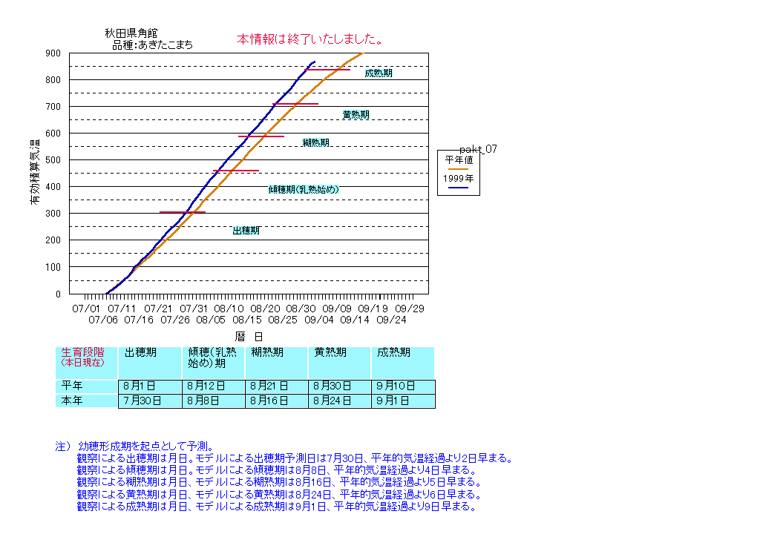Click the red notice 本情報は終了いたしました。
pyautogui.click(x=309, y=39)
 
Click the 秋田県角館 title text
pyautogui.click(x=131, y=33)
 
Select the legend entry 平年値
pyautogui.click(x=458, y=159)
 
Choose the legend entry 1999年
pyautogui.click(x=458, y=179)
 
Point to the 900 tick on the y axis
pyautogui.click(x=53, y=53)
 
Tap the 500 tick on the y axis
pyautogui.click(x=53, y=160)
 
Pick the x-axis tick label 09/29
pyautogui.click(x=409, y=308)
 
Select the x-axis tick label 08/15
pyautogui.click(x=246, y=320)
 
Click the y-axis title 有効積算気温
pyautogui.click(x=35, y=172)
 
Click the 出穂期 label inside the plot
pyautogui.click(x=246, y=231)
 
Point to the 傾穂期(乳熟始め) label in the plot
pyautogui.click(x=304, y=190)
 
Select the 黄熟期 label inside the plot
pyautogui.click(x=356, y=115)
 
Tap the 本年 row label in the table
pyautogui.click(x=73, y=401)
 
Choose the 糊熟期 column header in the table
pyautogui.click(x=266, y=353)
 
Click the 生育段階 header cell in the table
pyautogui.click(x=82, y=357)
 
